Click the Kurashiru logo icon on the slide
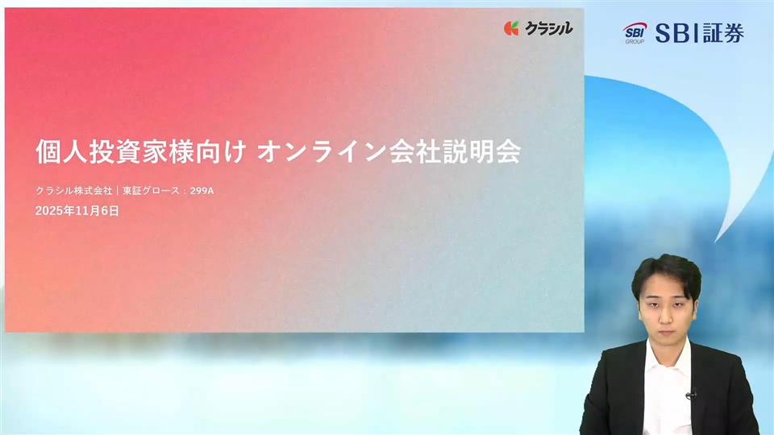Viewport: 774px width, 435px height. pyautogui.click(x=511, y=29)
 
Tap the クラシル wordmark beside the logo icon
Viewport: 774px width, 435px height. pyautogui.click(x=548, y=29)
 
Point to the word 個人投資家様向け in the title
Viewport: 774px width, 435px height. pyautogui.click(x=140, y=151)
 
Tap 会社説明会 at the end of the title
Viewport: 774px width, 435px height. pyautogui.click(x=455, y=151)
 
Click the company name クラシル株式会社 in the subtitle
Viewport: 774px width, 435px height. pyautogui.click(x=74, y=191)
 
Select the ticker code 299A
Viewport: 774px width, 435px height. pyautogui.click(x=202, y=191)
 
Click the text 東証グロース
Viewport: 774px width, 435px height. pyautogui.click(x=151, y=191)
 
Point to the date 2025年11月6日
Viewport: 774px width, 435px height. pyautogui.click(x=77, y=211)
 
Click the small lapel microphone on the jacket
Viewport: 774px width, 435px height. pyautogui.click(x=690, y=395)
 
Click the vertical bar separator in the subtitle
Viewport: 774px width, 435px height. pyautogui.click(x=118, y=191)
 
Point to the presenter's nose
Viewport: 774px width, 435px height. pyautogui.click(x=665, y=316)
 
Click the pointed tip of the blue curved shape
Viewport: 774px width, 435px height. pyautogui.click(x=715, y=242)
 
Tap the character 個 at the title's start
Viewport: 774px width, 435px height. pyautogui.click(x=48, y=151)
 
